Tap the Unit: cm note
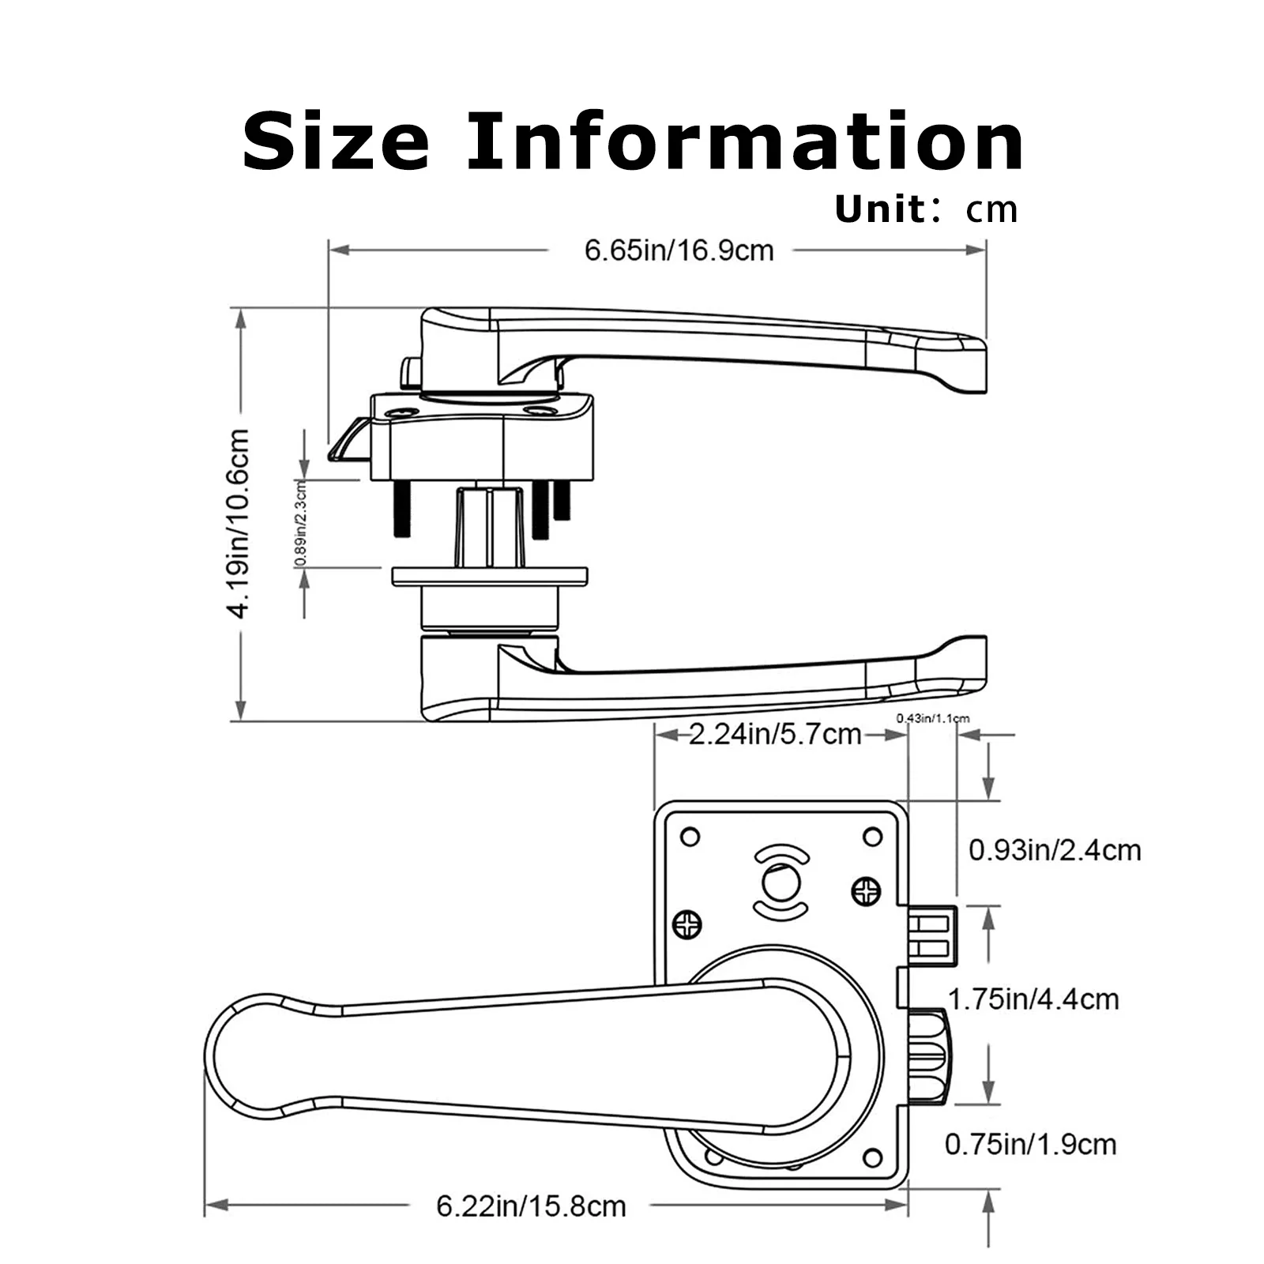tap(926, 209)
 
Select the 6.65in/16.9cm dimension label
tap(679, 251)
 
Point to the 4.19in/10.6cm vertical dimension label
tap(239, 522)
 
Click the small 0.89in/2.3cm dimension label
tap(300, 523)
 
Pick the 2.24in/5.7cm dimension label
tap(775, 735)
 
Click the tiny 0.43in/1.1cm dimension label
tap(932, 718)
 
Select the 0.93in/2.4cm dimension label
tap(1055, 851)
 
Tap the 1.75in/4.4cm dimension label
tap(1033, 999)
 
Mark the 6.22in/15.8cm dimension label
tap(531, 1206)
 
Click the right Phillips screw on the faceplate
tap(866, 893)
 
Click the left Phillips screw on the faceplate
tap(687, 924)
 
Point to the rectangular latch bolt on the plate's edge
tap(932, 936)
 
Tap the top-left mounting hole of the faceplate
tap(690, 837)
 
